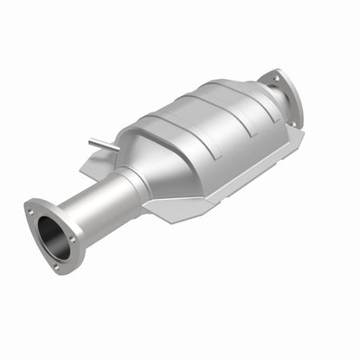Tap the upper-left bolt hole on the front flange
point(32,208)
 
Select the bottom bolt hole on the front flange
point(56,266)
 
